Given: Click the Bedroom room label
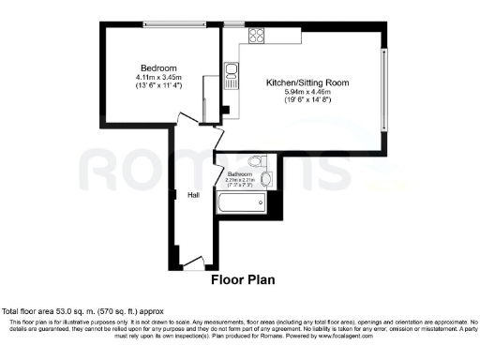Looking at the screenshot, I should tap(158, 68).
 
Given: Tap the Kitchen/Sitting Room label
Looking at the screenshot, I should tap(309, 82).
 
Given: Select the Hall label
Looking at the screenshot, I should tap(193, 195).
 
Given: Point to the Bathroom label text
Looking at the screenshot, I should tap(240, 173).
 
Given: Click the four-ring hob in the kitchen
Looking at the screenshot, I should tap(256, 36).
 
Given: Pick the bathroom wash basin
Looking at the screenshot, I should tap(267, 177).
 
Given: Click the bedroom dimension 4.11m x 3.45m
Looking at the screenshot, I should tap(158, 77).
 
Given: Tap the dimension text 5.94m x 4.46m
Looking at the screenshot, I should tap(309, 92).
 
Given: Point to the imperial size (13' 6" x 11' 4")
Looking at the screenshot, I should tap(158, 85).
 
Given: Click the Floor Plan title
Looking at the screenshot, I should tap(239, 279).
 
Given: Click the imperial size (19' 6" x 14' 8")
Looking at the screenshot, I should tap(309, 100).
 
